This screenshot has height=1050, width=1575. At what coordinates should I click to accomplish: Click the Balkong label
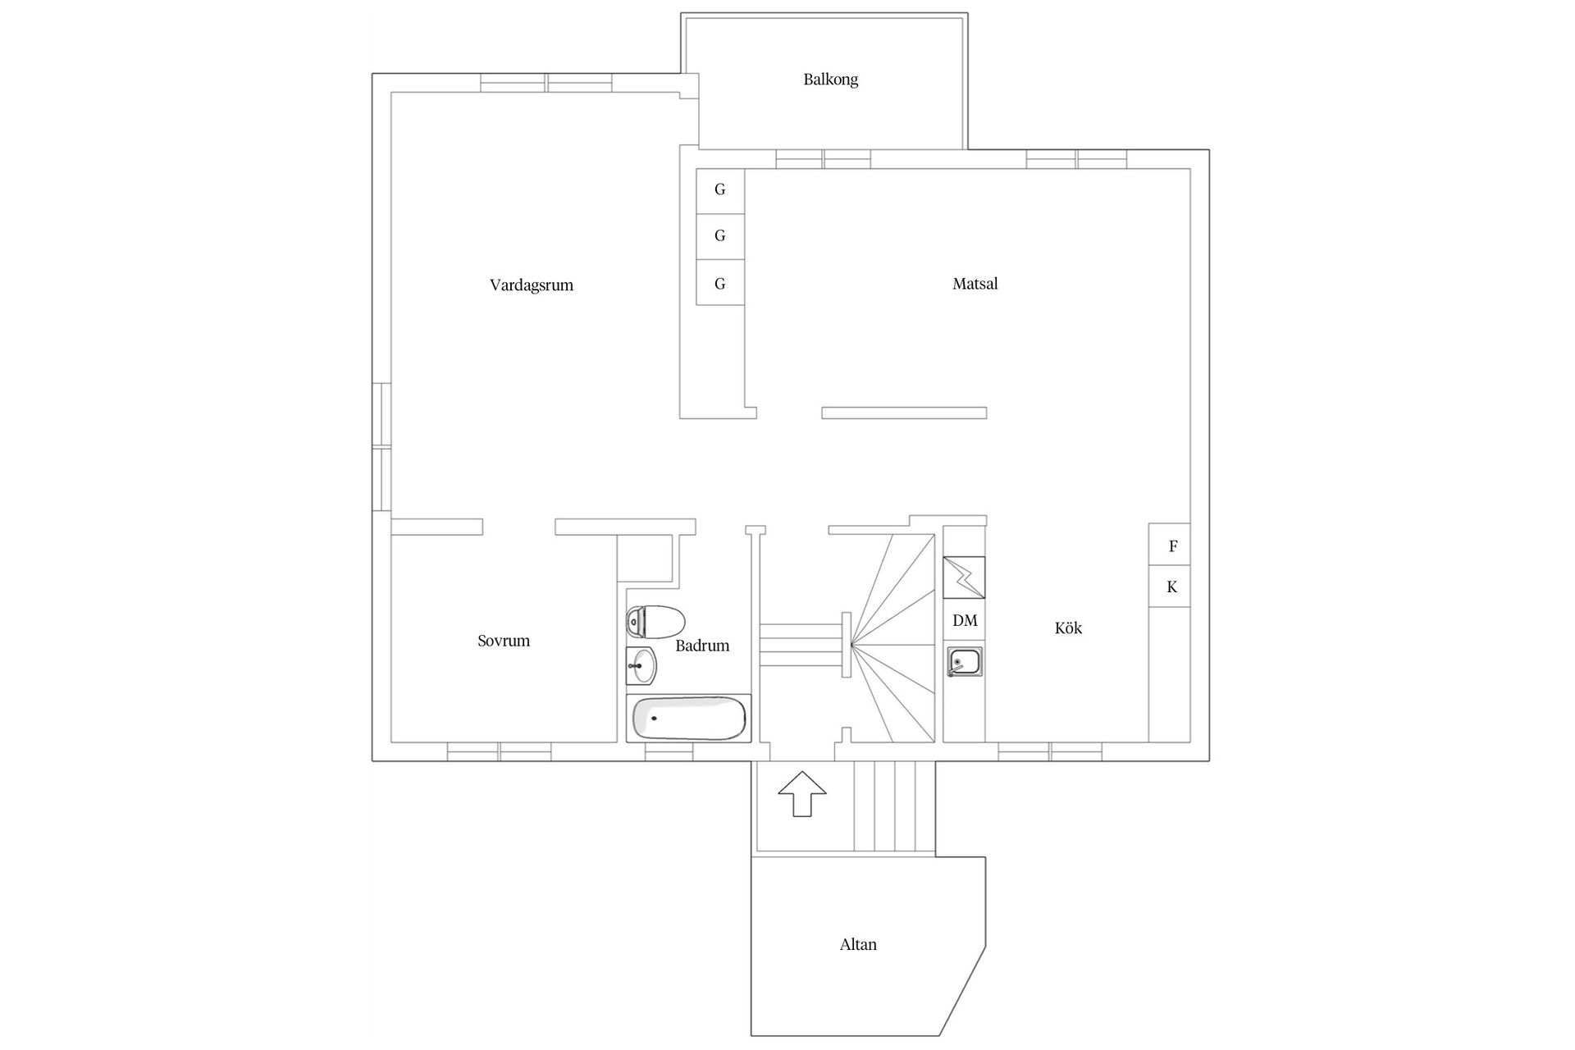[830, 80]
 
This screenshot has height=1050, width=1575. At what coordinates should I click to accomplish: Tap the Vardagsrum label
[531, 285]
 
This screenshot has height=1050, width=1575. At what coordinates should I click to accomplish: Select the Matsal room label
[975, 284]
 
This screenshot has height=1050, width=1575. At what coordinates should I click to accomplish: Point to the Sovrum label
[504, 641]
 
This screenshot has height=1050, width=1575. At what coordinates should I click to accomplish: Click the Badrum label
[702, 646]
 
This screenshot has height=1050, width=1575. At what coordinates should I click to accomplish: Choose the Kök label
[1068, 628]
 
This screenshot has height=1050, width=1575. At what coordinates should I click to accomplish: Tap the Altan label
[858, 944]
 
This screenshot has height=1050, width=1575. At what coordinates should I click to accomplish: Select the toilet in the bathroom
[655, 622]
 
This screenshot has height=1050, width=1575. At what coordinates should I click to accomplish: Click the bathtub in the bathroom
[689, 719]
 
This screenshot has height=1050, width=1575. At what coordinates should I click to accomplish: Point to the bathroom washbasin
[641, 665]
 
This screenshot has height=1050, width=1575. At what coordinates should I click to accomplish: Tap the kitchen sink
[964, 662]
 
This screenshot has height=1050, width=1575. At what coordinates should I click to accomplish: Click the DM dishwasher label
[965, 621]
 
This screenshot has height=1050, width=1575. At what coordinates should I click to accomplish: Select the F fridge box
[1172, 546]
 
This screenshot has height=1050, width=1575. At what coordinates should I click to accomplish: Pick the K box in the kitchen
[1171, 587]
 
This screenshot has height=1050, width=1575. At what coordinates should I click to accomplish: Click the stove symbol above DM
[964, 577]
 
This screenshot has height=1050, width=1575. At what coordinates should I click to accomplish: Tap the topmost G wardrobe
[720, 190]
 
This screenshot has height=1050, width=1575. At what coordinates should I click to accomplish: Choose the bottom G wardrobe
[720, 284]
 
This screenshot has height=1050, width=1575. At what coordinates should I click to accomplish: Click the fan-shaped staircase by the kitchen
[894, 640]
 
